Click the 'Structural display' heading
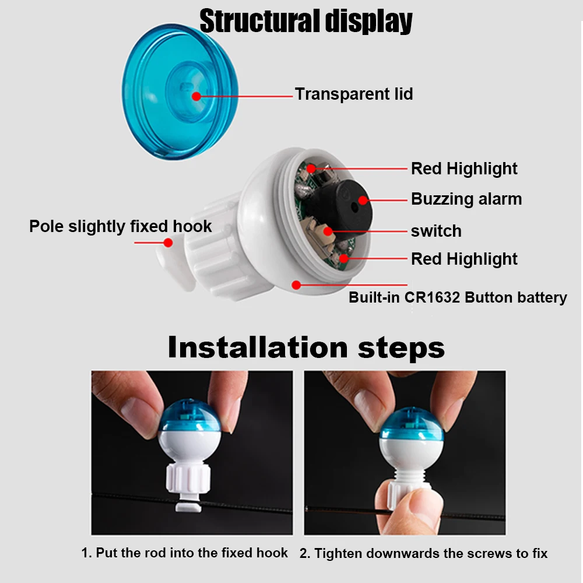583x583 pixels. pyautogui.click(x=305, y=21)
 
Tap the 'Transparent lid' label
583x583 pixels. pyautogui.click(x=354, y=94)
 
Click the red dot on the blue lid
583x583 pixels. pyautogui.click(x=196, y=96)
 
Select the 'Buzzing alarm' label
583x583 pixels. pyautogui.click(x=466, y=199)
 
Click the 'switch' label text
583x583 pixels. pyautogui.click(x=436, y=231)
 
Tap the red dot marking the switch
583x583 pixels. pyautogui.click(x=328, y=231)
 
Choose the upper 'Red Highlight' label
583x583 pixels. pyautogui.click(x=464, y=168)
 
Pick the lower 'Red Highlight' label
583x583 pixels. pyautogui.click(x=464, y=259)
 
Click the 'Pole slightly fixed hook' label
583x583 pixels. pyautogui.click(x=121, y=226)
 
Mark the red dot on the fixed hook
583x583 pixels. pyautogui.click(x=168, y=243)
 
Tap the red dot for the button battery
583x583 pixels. pyautogui.click(x=296, y=285)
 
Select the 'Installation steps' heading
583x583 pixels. pyautogui.click(x=306, y=347)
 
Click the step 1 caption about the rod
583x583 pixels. pyautogui.click(x=184, y=553)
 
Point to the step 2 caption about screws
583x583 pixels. pyautogui.click(x=423, y=553)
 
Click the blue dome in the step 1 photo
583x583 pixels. pyautogui.click(x=190, y=416)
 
